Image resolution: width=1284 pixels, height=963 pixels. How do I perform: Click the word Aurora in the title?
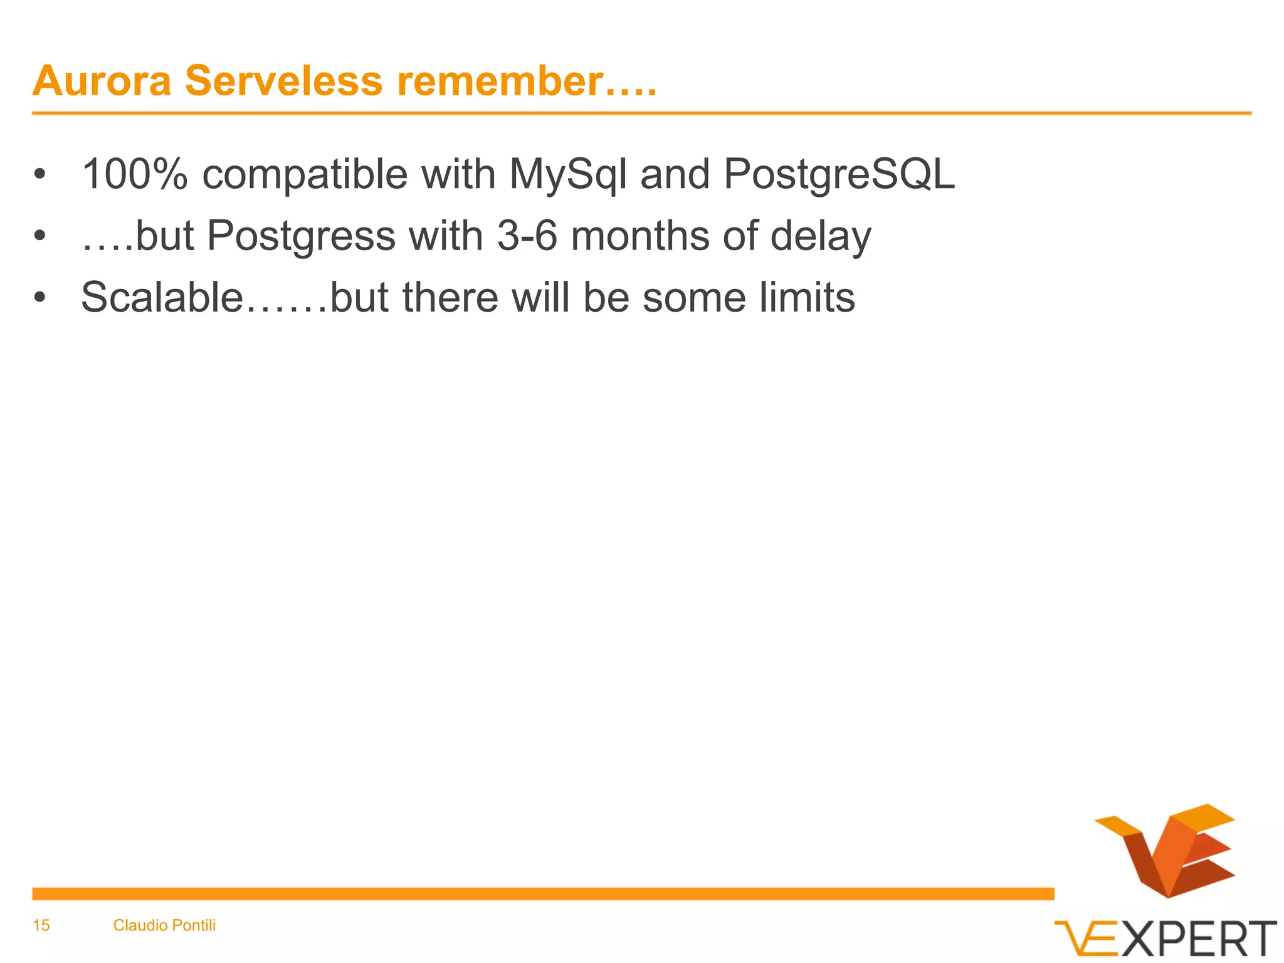[x=102, y=82]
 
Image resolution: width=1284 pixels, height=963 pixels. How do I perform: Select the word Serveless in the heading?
[x=283, y=82]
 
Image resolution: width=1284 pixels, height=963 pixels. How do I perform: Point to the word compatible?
[x=305, y=176]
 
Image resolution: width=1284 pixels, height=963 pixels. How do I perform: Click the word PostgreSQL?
[x=839, y=176]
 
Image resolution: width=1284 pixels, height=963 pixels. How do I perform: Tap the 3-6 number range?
[x=527, y=236]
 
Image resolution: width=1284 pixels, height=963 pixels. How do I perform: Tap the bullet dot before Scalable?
[x=40, y=298]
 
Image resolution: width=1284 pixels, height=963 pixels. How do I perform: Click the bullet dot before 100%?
[x=40, y=174]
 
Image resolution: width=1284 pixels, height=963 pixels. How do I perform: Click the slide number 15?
[x=41, y=925]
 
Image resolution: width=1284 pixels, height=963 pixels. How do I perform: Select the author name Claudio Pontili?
[x=164, y=925]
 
